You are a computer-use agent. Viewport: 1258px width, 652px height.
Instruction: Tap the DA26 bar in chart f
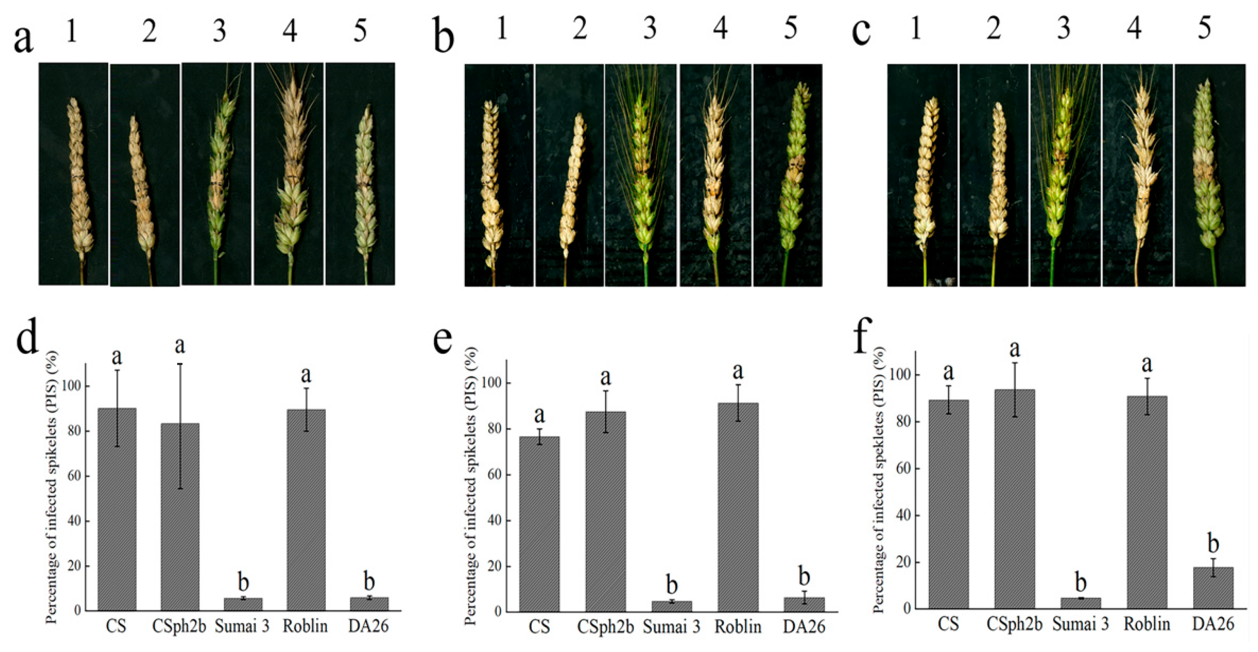point(1213,588)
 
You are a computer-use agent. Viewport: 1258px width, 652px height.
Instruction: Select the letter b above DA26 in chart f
point(1213,543)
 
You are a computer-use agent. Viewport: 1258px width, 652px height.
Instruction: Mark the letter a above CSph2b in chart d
point(180,346)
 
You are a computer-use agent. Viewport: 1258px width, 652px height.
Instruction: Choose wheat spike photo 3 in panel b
point(641,175)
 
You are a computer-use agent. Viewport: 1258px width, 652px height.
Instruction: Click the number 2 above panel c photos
point(993,28)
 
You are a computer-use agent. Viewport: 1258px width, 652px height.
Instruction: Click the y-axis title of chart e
point(471,486)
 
